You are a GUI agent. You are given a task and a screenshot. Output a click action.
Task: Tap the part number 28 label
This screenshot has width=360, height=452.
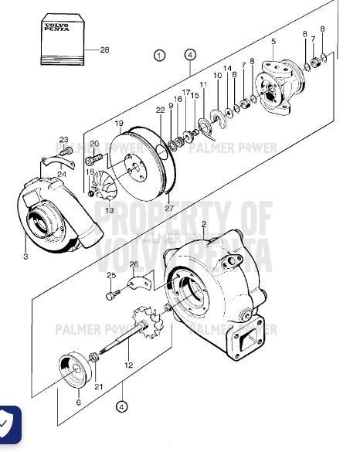[x=106, y=49]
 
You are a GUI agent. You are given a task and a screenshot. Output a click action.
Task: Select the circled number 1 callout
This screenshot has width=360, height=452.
[x=159, y=55]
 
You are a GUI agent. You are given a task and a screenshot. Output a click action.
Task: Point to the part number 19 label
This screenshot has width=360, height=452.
[x=120, y=124]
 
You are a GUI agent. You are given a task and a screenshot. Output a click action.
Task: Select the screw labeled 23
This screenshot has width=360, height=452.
[x=67, y=150]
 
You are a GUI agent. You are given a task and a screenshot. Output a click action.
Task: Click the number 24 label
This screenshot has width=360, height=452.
[x=61, y=175]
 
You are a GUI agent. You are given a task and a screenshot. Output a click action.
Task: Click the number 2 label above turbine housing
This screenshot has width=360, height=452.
[x=203, y=225]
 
